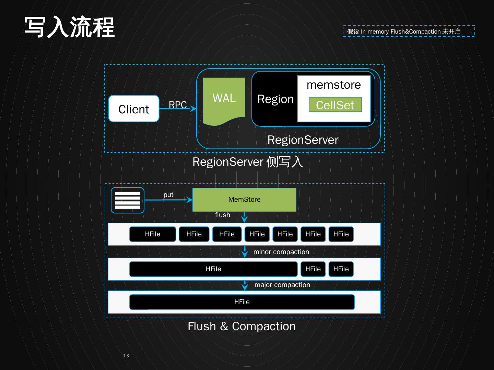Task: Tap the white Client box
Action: [x=134, y=109]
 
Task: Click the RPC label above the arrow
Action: [x=178, y=104]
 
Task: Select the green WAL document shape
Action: [x=224, y=99]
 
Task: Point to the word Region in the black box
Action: [x=275, y=99]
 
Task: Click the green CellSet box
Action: [x=335, y=105]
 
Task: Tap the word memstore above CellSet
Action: [x=333, y=85]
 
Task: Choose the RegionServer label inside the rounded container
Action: [x=303, y=140]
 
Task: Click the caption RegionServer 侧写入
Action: [x=247, y=162]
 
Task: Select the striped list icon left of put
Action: [x=128, y=200]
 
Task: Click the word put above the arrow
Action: [x=168, y=195]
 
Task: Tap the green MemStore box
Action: [x=244, y=199]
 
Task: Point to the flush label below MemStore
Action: [x=222, y=215]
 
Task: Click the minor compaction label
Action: [x=281, y=252]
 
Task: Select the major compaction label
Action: [x=282, y=285]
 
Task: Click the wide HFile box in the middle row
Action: [x=213, y=269]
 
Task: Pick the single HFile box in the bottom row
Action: [x=242, y=302]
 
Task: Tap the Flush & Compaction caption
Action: [x=242, y=326]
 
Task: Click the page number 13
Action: [x=126, y=356]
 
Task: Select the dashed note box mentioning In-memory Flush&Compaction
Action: [x=409, y=32]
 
